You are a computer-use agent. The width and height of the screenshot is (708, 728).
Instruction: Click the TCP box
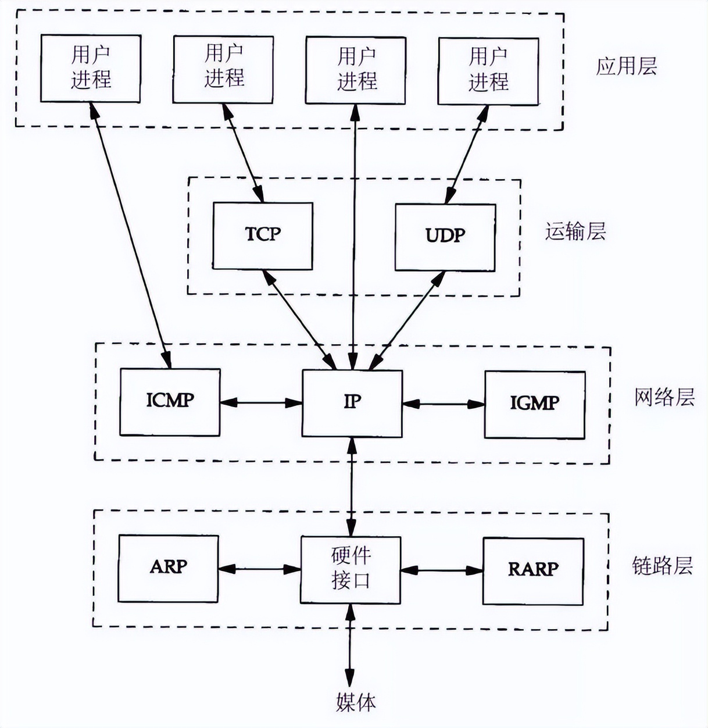click(263, 235)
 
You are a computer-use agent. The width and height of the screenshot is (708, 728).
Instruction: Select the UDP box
click(445, 237)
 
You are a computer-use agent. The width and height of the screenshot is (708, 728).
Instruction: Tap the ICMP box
click(170, 402)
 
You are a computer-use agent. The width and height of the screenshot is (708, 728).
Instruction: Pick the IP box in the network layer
click(352, 403)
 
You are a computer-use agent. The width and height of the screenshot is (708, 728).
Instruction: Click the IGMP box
click(535, 404)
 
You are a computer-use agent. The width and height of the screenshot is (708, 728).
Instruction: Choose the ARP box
click(169, 568)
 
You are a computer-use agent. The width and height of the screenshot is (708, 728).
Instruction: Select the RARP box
click(533, 570)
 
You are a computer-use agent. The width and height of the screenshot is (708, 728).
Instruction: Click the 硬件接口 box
click(351, 569)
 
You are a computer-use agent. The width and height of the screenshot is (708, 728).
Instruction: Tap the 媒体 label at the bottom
click(355, 702)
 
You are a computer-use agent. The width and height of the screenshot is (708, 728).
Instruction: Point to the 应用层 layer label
click(626, 66)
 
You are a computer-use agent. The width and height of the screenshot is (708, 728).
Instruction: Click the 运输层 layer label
click(575, 231)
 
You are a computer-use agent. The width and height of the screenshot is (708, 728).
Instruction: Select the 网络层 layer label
click(664, 398)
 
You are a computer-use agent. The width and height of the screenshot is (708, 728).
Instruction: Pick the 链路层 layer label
click(662, 565)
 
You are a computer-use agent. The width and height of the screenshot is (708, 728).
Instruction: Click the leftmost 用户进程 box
click(91, 68)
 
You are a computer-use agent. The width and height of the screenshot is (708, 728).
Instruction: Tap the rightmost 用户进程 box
click(488, 72)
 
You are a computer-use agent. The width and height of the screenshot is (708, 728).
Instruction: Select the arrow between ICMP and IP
click(261, 402)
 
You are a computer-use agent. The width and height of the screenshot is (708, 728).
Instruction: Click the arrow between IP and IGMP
click(444, 404)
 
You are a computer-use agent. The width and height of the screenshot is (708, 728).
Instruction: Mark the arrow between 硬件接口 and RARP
click(442, 570)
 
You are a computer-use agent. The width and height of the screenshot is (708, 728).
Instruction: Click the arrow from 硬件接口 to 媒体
click(350, 645)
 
